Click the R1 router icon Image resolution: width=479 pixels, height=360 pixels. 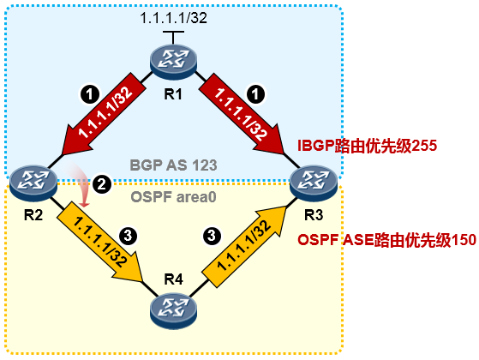[173, 61]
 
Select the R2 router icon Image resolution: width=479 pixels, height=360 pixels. [33, 182]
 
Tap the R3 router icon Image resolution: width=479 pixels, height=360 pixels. [314, 182]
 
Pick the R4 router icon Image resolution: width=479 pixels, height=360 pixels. [173, 311]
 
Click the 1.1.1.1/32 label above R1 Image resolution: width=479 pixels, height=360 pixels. [173, 18]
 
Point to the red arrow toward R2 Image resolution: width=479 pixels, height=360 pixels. [103, 114]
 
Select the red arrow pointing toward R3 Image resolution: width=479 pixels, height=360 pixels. [242, 113]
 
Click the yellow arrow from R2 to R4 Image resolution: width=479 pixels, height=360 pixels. [100, 242]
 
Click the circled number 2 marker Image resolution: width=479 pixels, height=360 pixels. [102, 184]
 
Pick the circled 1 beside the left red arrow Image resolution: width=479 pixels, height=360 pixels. [89, 94]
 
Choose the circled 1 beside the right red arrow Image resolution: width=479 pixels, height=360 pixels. [255, 93]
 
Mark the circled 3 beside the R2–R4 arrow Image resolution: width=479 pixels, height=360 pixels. [128, 236]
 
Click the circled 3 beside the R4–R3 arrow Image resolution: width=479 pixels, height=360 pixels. [212, 236]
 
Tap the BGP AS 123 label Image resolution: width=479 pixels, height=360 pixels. [173, 165]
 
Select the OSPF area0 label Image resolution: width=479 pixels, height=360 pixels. [173, 197]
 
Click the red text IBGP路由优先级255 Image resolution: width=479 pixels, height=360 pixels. [368, 146]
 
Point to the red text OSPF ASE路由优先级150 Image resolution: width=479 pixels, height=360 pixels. [386, 240]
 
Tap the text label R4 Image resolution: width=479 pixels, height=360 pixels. [173, 279]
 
